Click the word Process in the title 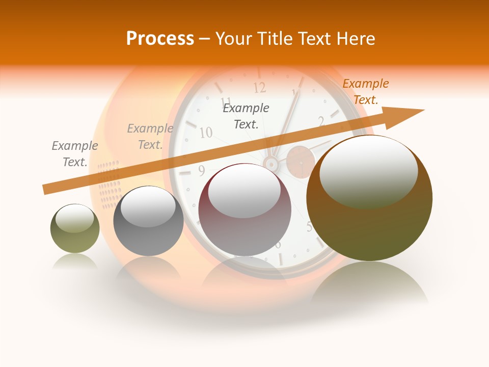160,39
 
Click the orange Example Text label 365,92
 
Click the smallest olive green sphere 75,228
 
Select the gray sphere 148,221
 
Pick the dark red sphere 244,209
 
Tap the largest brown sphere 369,198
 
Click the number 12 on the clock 260,88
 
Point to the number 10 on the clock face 205,133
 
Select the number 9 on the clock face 202,170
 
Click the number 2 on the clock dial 321,121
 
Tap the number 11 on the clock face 226,101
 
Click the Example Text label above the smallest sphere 74,154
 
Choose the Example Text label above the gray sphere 150,137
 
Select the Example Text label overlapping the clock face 246,116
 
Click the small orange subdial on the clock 301,162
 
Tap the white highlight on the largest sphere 368,171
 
